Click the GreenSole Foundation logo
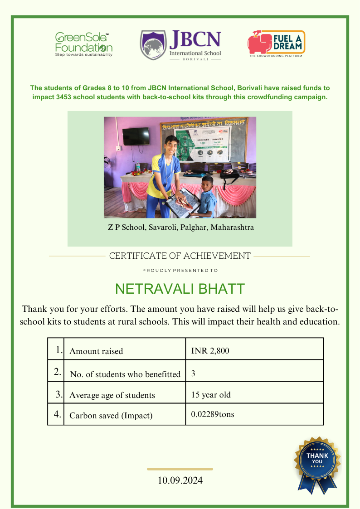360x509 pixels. [x=84, y=44]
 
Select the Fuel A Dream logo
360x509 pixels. [x=276, y=43]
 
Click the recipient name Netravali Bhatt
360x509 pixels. [x=180, y=289]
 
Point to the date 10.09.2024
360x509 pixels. [x=180, y=480]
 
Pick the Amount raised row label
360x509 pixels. [x=96, y=351]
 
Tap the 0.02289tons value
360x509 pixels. [x=213, y=414]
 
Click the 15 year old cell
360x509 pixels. [x=211, y=394]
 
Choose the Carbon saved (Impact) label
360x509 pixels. [x=111, y=415]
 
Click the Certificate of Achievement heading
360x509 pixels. [x=180, y=256]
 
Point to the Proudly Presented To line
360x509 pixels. [x=180, y=270]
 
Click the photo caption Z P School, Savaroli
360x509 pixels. [x=180, y=227]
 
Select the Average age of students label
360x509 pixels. [x=112, y=395]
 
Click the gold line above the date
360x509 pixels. [x=180, y=469]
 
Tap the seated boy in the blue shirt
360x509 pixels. [x=207, y=197]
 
